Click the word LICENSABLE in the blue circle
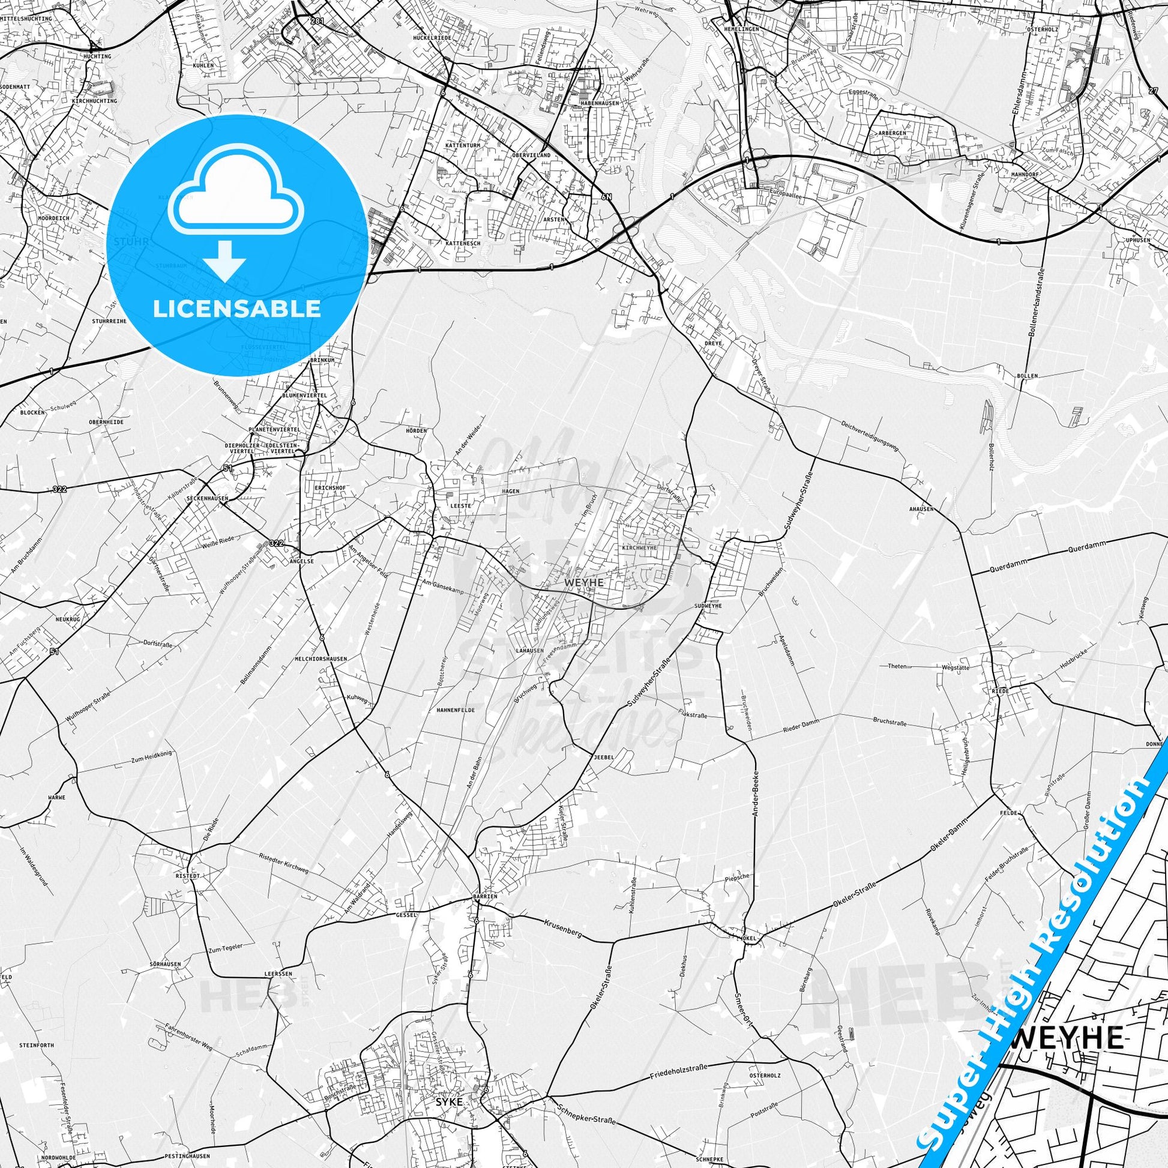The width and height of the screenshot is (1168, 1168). [237, 309]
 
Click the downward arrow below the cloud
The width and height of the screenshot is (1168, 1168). [224, 260]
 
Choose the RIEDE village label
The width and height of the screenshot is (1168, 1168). [997, 691]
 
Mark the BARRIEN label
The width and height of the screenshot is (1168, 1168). [484, 896]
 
